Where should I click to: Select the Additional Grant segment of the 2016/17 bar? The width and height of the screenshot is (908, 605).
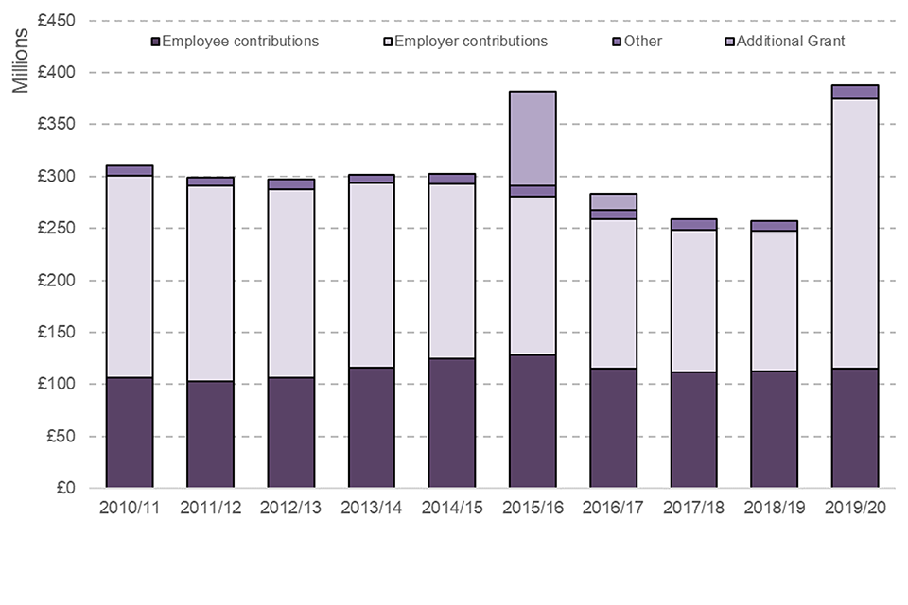(612, 201)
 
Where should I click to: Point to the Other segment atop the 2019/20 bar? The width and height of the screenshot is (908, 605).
(855, 92)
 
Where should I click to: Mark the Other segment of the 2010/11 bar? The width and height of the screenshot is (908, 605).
(130, 170)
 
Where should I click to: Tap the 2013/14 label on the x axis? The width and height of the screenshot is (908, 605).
(372, 508)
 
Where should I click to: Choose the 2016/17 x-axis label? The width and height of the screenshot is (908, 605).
(613, 508)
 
